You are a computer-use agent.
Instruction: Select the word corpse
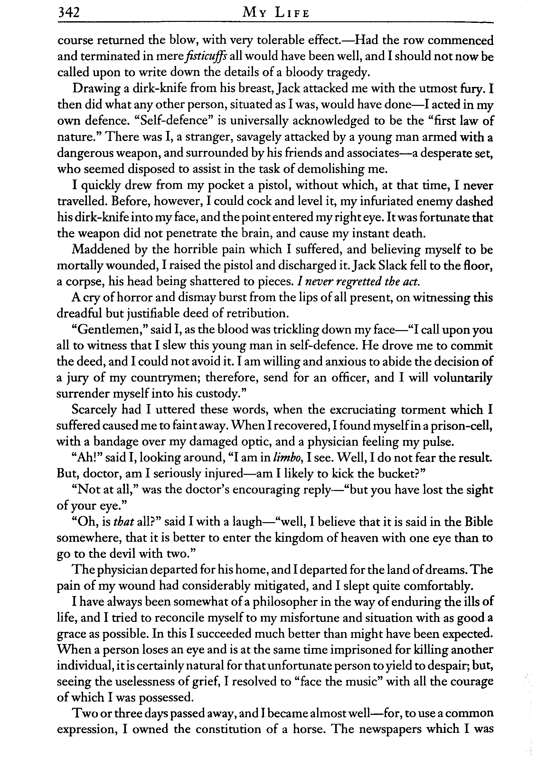pyautogui.click(x=82, y=282)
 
